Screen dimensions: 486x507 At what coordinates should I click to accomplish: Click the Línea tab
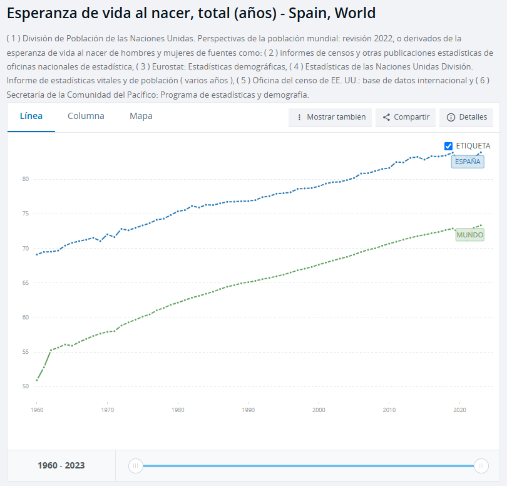coord(31,116)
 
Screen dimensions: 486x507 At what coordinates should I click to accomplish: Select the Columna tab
coord(86,116)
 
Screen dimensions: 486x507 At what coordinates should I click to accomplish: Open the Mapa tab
coord(141,116)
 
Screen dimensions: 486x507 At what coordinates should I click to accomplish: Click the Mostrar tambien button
coord(330,117)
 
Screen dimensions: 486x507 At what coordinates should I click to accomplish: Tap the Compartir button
coord(406,117)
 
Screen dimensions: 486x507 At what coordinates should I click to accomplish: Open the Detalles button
coord(466,117)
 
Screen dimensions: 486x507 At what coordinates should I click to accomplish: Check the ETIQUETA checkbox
coord(448,146)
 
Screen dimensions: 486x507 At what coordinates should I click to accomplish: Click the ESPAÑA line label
coord(468,162)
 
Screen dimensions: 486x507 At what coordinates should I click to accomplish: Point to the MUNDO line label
coord(469,235)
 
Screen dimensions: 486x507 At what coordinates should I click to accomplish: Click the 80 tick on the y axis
coord(26,179)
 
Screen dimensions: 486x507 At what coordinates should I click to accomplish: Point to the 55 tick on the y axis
coord(26,352)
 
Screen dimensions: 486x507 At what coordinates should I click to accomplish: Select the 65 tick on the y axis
coord(26,283)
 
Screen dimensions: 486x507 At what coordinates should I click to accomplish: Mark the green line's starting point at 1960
coord(37,380)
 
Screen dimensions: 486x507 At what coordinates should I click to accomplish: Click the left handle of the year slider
coord(135,465)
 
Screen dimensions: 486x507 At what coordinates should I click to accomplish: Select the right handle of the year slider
coord(481,465)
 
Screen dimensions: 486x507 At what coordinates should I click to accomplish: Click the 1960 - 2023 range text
coord(61,465)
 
